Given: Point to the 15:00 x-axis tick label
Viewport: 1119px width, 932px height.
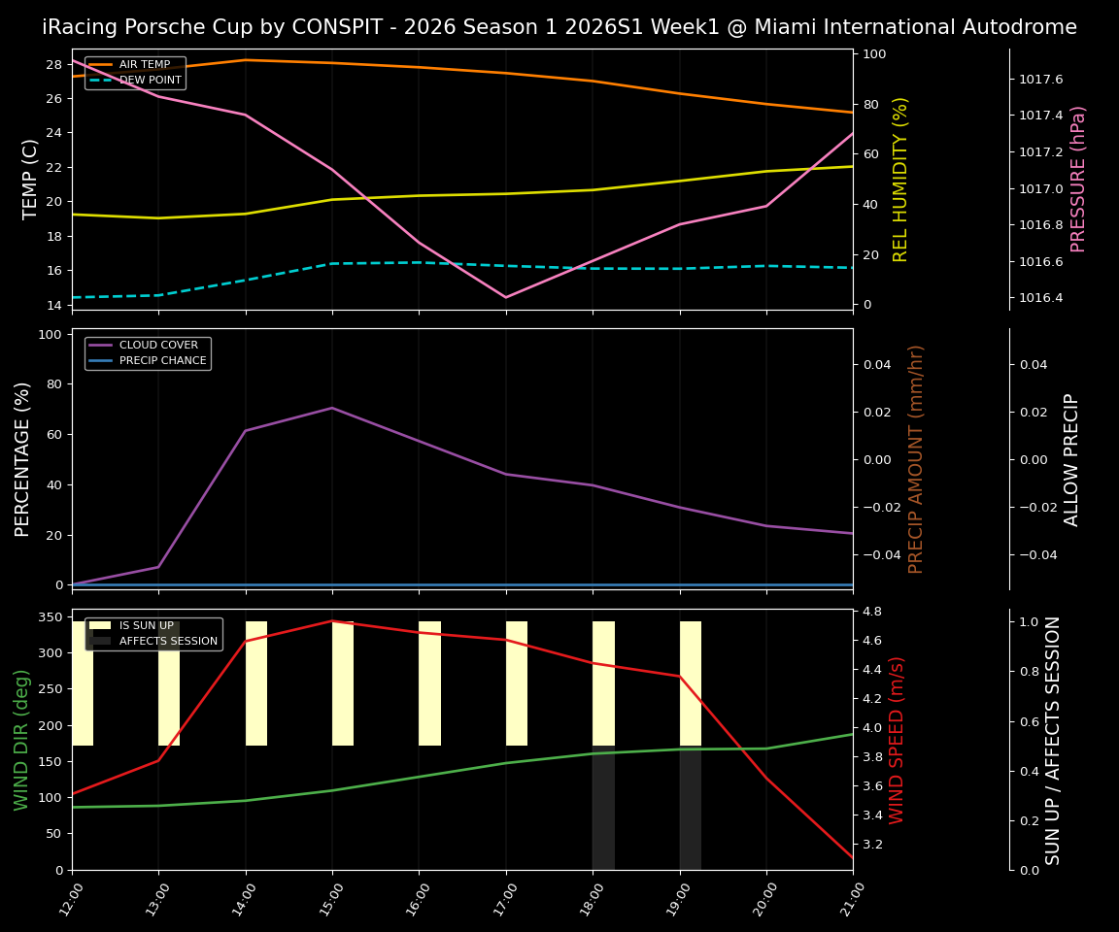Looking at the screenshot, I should pos(326,902).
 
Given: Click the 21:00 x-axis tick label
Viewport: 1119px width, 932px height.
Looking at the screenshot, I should pos(847,902).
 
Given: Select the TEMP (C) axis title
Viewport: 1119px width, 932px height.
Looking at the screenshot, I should pos(31,179).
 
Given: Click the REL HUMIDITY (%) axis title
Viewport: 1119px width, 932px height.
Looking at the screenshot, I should pos(900,179).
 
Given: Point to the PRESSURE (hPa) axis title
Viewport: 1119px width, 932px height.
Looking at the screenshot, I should pos(1078,179).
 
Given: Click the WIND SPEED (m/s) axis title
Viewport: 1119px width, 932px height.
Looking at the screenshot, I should pos(897,740).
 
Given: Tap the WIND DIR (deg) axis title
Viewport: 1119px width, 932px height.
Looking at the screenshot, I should pos(21,740).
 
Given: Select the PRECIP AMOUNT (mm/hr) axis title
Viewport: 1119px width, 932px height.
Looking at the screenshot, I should pos(916,459).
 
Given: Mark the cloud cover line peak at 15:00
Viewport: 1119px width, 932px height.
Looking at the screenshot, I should pos(332,408).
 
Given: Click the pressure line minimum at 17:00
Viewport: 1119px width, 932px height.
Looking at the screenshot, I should pos(505,297).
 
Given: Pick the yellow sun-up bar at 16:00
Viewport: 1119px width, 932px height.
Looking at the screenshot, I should pos(429,683).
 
